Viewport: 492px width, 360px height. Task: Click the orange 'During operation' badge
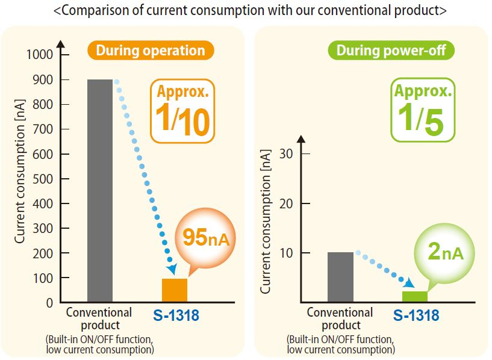coord(151,50)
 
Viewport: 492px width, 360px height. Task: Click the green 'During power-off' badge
coord(391,50)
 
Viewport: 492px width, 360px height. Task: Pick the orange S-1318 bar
coord(175,290)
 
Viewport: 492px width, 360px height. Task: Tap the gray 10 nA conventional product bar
coord(340,277)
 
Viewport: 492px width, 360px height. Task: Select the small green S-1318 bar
coord(414,296)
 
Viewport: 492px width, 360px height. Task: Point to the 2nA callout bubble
coord(444,252)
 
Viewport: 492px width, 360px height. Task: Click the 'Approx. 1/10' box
coord(182,111)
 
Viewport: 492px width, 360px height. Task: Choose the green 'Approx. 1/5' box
coord(422,111)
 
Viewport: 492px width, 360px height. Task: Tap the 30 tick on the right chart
coord(286,154)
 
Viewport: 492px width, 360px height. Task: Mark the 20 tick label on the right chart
coord(286,203)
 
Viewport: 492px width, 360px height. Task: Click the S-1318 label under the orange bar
coord(175,315)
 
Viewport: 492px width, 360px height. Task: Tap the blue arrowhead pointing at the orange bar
coord(172,269)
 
